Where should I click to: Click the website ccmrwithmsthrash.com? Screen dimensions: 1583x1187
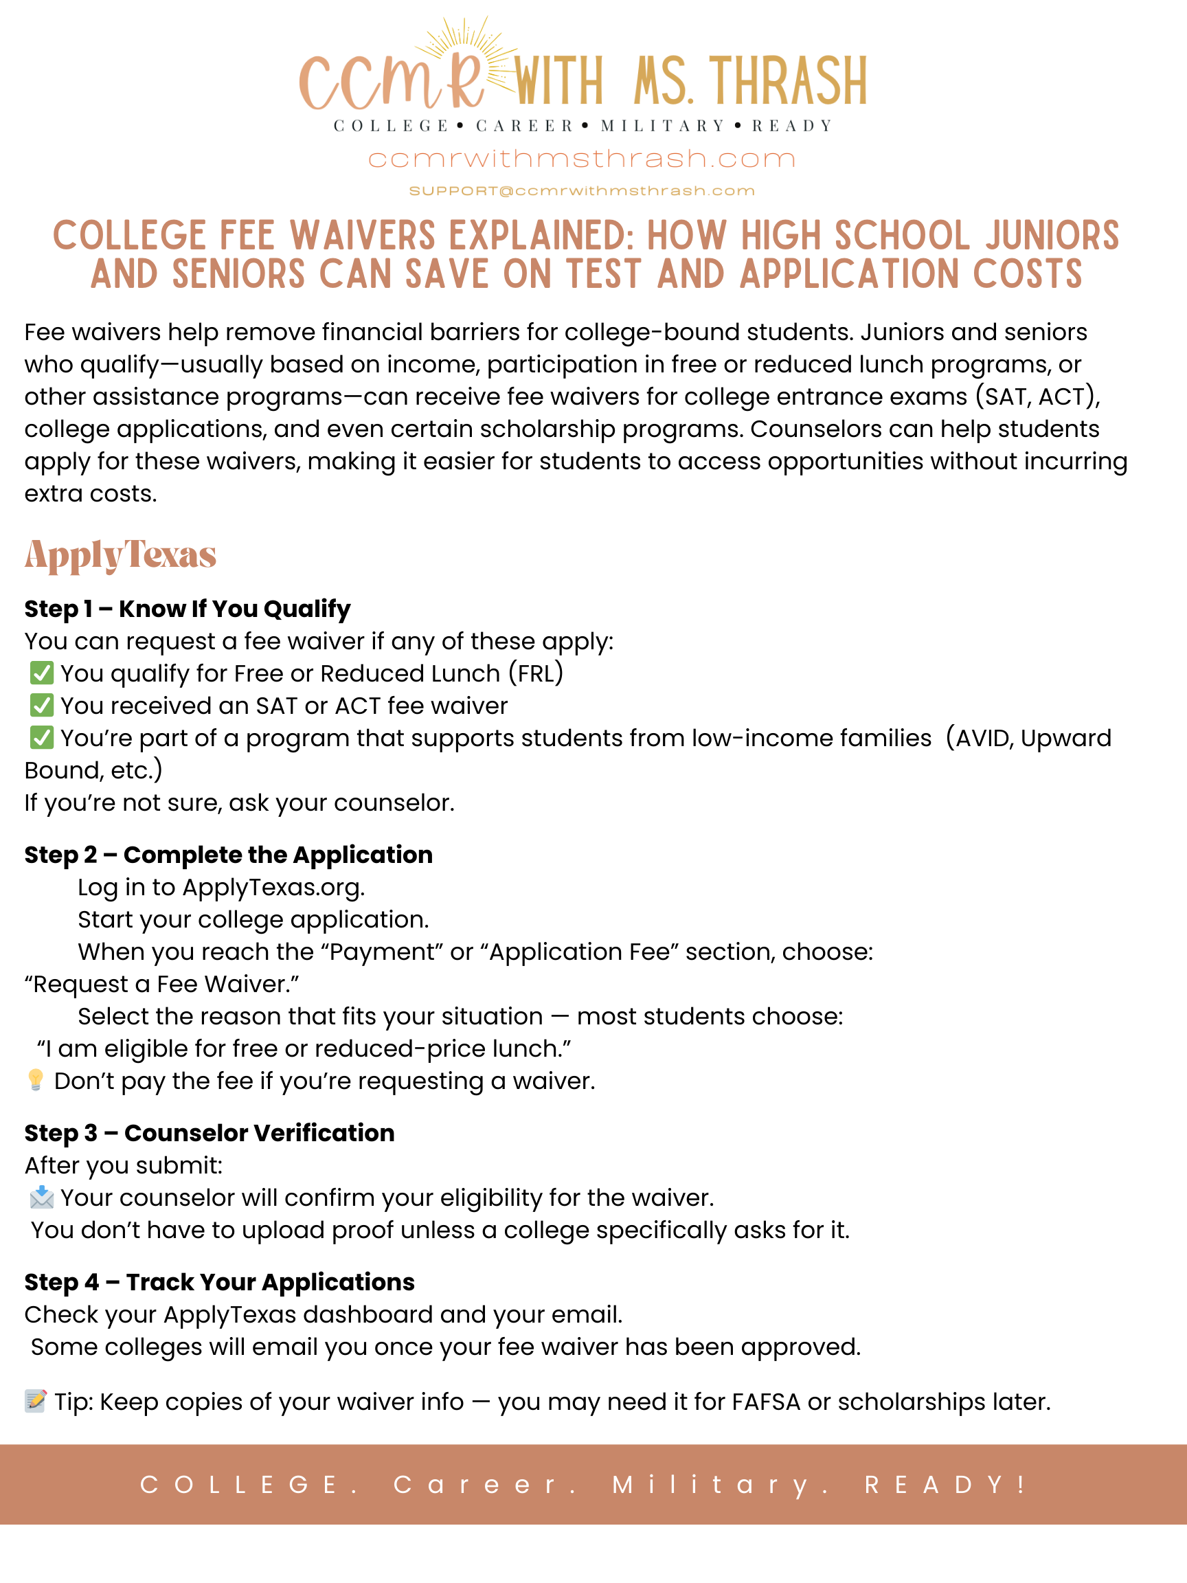coord(581,159)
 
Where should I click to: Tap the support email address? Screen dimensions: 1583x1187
coord(581,191)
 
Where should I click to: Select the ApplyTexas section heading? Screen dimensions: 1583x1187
coord(120,554)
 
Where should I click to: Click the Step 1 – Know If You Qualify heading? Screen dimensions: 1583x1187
coord(188,609)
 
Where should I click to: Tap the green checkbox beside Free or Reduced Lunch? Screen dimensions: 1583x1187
coord(41,673)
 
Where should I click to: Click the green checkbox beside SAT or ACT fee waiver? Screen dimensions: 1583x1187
coord(41,705)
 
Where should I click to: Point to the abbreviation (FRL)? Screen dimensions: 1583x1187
coord(536,673)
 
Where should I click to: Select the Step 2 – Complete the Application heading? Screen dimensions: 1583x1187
coord(228,855)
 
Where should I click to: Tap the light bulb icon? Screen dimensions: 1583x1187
coord(35,1080)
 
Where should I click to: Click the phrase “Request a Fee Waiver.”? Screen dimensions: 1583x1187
coord(161,984)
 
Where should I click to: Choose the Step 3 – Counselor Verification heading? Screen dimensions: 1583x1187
coord(209,1133)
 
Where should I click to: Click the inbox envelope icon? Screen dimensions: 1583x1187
coord(41,1197)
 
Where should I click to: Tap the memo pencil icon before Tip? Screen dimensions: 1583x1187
coord(35,1400)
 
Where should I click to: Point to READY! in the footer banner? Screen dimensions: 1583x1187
coord(946,1484)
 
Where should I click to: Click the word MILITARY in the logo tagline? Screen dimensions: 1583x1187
coord(664,126)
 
